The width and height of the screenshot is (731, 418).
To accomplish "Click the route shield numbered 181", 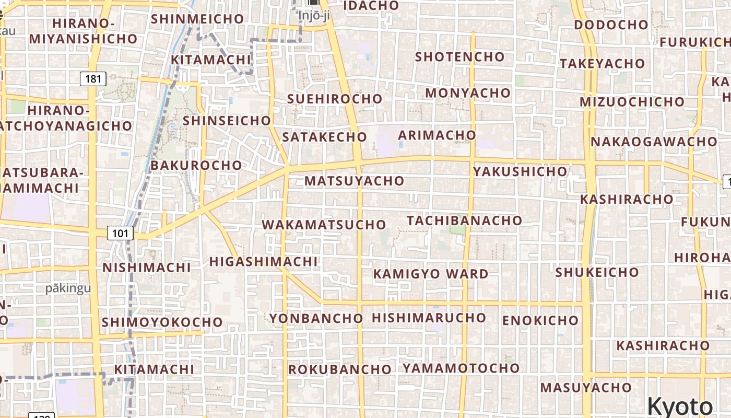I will (x=93, y=79).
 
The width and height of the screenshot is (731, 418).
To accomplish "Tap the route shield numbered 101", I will (x=120, y=233).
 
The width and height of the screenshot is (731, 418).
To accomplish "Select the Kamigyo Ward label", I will (x=431, y=274).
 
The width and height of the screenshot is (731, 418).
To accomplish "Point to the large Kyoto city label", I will (x=680, y=406).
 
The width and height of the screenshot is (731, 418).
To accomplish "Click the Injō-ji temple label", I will (x=314, y=15).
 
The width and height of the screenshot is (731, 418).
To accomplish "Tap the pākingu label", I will (x=68, y=288).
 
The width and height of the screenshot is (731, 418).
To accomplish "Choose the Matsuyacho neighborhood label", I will (x=355, y=181).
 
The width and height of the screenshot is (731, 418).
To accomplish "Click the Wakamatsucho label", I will (x=324, y=225).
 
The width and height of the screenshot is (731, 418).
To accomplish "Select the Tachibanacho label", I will (x=464, y=220).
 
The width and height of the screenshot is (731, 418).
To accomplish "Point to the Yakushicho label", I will (x=520, y=171).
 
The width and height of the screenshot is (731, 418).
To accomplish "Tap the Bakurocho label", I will (x=196, y=165).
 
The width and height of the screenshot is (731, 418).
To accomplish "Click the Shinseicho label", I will (x=227, y=121).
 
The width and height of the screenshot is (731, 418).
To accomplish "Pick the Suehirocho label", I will (x=335, y=99).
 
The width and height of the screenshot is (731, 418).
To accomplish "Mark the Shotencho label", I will (x=460, y=56).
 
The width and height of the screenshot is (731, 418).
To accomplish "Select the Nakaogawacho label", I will (x=654, y=142).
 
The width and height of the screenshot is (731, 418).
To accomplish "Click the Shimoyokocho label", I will (x=162, y=322).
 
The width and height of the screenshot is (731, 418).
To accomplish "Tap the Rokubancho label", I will (x=340, y=369).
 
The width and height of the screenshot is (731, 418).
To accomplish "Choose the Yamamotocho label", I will (x=461, y=368).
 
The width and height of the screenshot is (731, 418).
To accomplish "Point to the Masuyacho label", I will (x=586, y=388).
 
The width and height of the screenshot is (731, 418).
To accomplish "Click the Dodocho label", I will (x=611, y=25).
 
